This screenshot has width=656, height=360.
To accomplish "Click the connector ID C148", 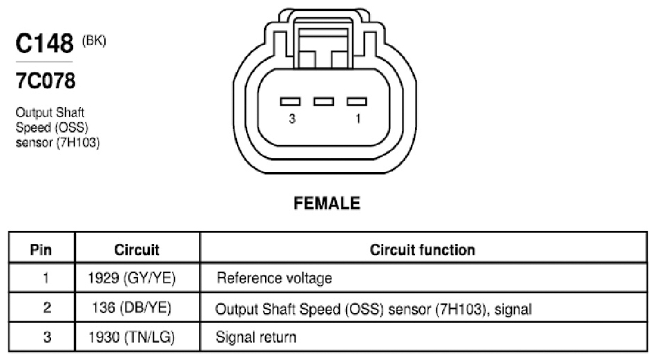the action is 44,43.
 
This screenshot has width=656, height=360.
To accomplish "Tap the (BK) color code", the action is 94,41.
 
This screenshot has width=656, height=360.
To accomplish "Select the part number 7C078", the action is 46,81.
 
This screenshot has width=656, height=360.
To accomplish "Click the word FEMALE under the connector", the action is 327,203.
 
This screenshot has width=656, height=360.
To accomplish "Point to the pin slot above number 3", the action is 290,102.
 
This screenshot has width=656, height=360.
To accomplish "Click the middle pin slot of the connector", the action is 324,102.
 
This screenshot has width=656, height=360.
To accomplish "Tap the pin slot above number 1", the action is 357,102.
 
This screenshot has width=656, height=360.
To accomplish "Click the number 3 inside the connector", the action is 292,119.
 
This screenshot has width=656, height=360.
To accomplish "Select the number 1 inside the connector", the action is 358,119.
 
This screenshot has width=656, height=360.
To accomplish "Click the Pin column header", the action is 41,250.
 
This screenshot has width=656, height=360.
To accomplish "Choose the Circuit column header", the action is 137,250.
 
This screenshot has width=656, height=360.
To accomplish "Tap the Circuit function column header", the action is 423,250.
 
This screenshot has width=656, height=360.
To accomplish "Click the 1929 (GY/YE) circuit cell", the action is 132,278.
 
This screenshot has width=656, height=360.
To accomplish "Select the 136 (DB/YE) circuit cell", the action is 132,308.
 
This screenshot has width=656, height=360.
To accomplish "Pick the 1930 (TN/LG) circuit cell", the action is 132,337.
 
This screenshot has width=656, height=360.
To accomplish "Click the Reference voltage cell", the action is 274,278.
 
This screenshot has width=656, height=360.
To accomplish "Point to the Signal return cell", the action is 256,337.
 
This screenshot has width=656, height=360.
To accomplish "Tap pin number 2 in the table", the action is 47,308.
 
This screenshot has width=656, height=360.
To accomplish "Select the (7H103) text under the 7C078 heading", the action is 78,143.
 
